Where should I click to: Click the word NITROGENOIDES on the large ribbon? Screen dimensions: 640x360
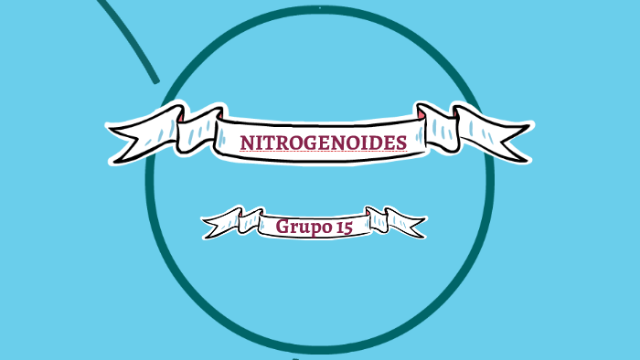coord(323,143)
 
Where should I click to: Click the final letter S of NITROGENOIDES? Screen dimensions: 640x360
coord(400,143)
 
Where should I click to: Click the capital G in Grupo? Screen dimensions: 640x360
coord(282,226)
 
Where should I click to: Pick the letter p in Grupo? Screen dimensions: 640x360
coord(314,228)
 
